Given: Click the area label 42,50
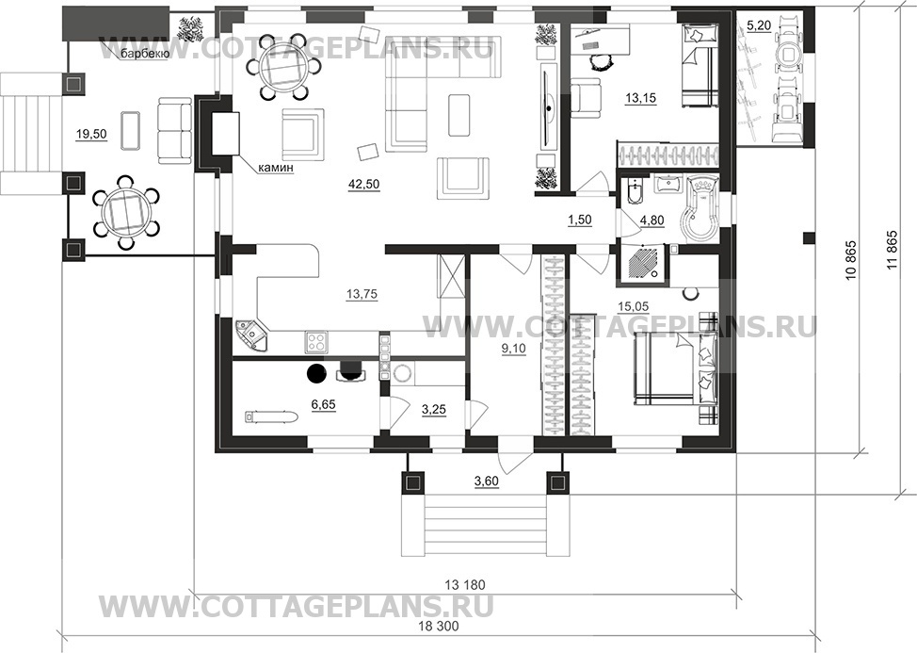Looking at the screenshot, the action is [363, 185].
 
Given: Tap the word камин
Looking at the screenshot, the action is [275, 169].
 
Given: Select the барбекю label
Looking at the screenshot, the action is [145, 55].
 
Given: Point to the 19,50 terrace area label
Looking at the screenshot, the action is [91, 135].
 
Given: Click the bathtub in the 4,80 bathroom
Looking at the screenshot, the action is [702, 209].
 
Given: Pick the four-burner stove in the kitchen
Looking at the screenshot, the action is [316, 342].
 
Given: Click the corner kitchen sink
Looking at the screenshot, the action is [251, 335].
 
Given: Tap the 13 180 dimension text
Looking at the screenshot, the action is [465, 584].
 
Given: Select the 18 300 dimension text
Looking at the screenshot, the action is [439, 626].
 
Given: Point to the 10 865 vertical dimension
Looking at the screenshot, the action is [851, 260].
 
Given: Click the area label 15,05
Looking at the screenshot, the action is [634, 306].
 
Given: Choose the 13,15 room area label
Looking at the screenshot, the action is [641, 98].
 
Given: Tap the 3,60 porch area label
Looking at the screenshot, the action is [486, 482].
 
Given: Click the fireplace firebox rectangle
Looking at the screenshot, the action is [225, 134].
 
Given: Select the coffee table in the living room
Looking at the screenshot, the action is [459, 115].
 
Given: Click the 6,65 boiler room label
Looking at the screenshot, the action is [324, 404].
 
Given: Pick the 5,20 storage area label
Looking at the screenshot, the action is [759, 25].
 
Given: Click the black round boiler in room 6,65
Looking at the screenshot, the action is [316, 372].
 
